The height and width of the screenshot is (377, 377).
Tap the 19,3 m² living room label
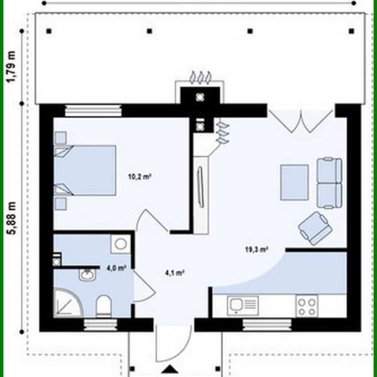point(256,249)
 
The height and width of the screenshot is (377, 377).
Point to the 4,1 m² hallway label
point(174,273)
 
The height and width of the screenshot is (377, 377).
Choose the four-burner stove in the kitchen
point(307,306)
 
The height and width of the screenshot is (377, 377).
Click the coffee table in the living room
point(294,181)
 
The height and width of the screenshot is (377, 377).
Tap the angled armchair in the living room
point(315,227)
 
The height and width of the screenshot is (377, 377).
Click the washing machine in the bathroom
point(119,244)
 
